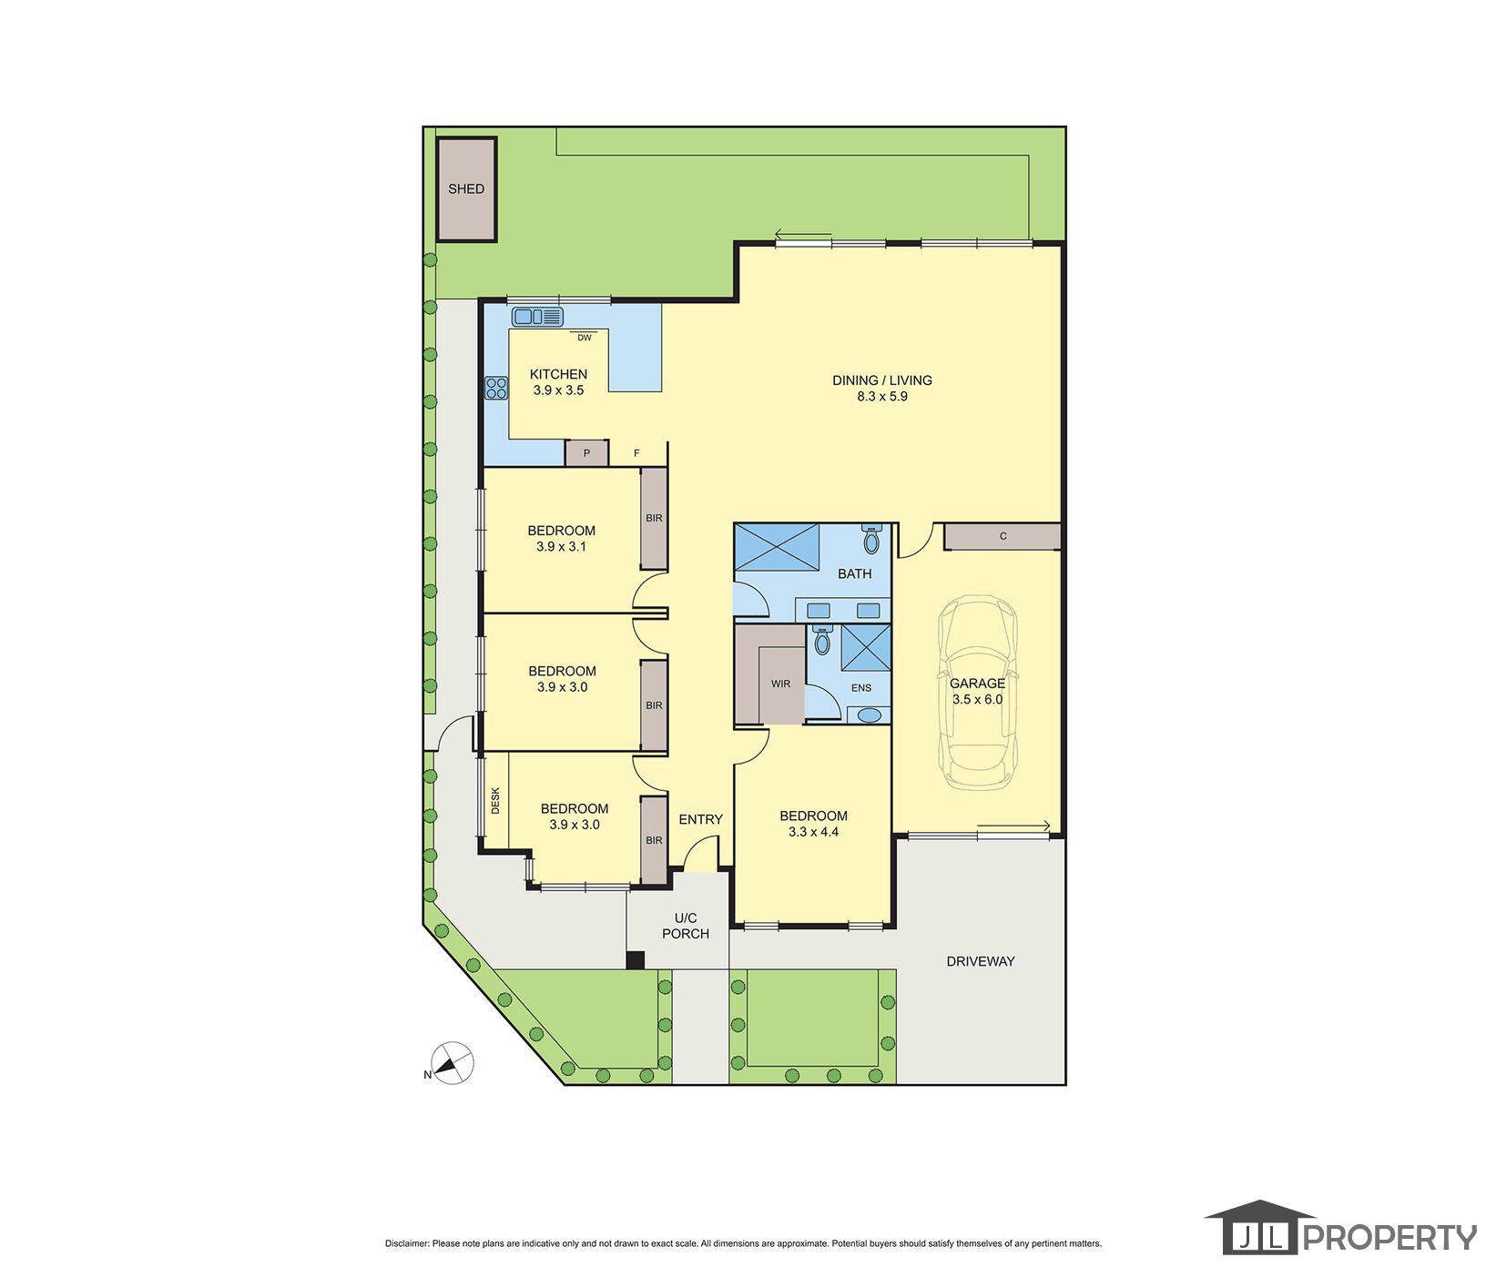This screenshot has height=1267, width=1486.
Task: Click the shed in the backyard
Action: tap(466, 189)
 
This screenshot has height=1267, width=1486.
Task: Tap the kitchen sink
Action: tap(538, 317)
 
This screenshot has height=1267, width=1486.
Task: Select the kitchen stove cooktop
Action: tap(496, 389)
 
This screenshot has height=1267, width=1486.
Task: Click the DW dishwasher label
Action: tap(585, 338)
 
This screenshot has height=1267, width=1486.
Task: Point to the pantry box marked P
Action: tap(586, 453)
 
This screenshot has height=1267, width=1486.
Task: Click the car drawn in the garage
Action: tap(978, 693)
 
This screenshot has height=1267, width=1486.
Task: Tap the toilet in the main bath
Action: tap(871, 539)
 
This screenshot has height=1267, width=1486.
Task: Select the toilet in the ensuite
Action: tap(822, 640)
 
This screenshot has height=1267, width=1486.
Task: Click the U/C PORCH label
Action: tap(686, 926)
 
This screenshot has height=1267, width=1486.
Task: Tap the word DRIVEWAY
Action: tap(980, 961)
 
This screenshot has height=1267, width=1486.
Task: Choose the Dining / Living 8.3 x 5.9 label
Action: tap(882, 389)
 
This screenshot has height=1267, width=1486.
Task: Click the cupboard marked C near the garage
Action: tap(1003, 536)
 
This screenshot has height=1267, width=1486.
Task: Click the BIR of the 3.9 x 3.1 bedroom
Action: tap(654, 519)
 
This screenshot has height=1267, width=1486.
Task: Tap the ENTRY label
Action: tap(700, 819)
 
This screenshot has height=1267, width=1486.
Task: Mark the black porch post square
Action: tap(636, 959)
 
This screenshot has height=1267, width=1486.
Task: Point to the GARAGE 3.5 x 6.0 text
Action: tap(977, 692)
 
